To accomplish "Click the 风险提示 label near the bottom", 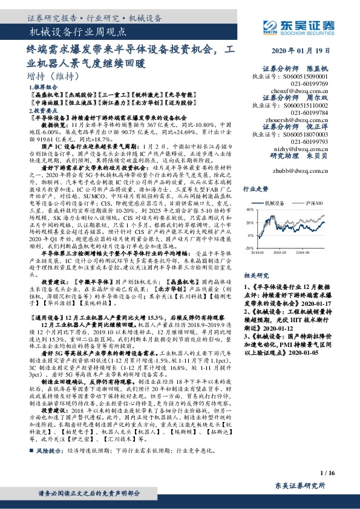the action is (51, 450).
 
